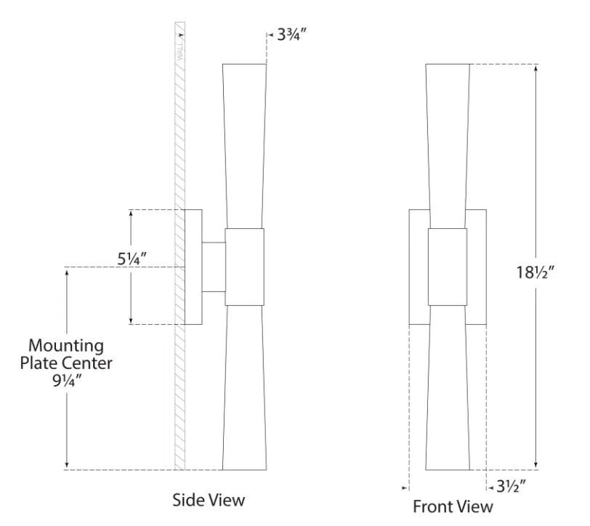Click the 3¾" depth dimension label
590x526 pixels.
[x=292, y=35]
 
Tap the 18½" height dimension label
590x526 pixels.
[x=535, y=272]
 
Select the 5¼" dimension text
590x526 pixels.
[x=132, y=259]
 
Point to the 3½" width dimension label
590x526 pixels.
[x=511, y=487]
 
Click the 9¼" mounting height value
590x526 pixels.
[x=67, y=381]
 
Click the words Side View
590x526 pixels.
[x=209, y=500]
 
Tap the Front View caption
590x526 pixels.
[x=453, y=506]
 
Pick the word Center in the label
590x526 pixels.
[x=87, y=363]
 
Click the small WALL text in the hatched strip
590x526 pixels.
[x=180, y=51]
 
